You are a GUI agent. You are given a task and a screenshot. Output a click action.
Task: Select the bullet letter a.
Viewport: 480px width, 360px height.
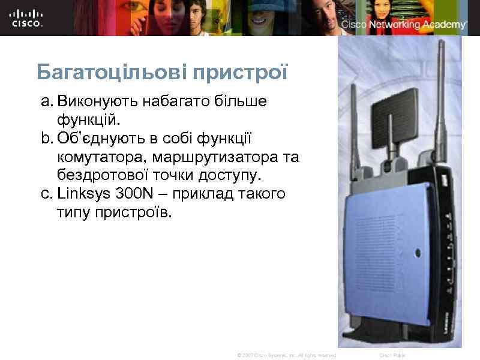[45, 101]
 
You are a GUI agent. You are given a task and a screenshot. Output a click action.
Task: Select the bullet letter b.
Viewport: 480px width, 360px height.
[45, 139]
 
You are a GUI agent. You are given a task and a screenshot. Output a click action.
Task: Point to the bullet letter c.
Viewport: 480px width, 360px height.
[45, 194]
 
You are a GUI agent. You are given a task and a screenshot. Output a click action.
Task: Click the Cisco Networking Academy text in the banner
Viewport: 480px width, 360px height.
[404, 25]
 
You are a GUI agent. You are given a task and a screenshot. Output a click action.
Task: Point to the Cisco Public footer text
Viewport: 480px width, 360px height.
[392, 356]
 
